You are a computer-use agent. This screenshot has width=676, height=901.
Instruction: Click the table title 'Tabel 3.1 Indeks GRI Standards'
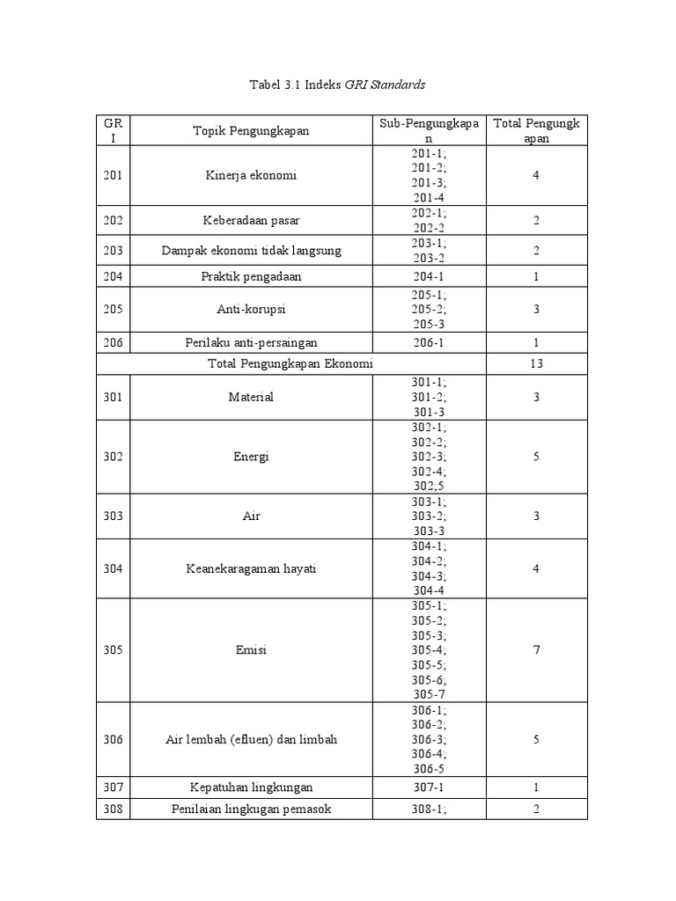point(338,84)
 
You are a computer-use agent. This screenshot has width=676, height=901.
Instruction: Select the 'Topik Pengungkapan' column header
point(251,131)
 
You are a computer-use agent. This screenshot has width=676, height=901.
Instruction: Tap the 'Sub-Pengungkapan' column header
point(429,131)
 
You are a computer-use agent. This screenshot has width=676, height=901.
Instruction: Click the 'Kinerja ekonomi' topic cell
point(251,175)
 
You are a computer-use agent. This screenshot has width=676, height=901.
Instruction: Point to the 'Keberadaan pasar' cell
point(251,220)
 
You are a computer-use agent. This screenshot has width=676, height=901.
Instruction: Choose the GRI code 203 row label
point(113,251)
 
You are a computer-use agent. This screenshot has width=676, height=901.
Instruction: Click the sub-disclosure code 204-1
point(429,276)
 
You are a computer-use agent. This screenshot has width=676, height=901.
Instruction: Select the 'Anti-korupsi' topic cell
point(251,310)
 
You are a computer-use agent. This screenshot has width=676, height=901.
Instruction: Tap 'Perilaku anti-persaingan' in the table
point(251,342)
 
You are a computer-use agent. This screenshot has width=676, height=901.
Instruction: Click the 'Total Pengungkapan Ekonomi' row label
point(290,363)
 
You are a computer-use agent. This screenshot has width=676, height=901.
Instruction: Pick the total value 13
point(536,363)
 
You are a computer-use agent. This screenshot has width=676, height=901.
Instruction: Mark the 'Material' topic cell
point(251,397)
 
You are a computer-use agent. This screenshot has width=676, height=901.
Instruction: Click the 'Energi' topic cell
point(251,457)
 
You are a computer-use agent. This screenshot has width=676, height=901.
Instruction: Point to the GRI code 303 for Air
point(113,516)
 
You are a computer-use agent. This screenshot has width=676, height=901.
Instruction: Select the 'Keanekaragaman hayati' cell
point(251,568)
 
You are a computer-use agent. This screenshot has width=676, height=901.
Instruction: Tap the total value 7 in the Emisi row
point(536,650)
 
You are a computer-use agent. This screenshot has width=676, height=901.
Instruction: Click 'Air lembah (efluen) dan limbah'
point(251,739)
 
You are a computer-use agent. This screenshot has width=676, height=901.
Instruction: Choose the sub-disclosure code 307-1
point(429,787)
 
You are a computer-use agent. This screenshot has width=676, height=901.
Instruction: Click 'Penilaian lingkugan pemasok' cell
point(251,809)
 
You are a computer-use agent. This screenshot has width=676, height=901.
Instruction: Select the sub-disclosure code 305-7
point(429,693)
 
